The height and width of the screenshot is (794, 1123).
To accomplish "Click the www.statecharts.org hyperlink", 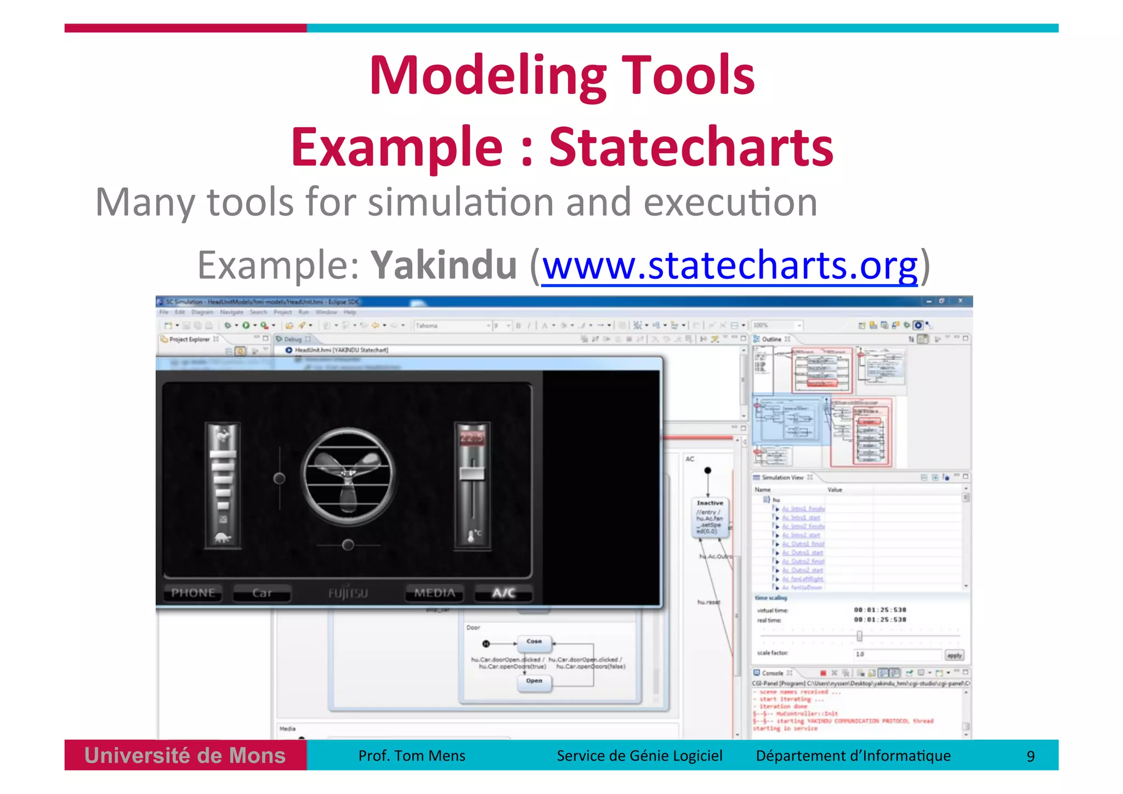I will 729,266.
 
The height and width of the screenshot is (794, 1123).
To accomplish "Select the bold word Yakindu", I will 444,266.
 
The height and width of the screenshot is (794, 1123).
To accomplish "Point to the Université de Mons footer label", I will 185,756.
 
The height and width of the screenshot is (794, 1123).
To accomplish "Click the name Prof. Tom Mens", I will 411,756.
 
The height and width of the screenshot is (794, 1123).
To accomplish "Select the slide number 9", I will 1030,757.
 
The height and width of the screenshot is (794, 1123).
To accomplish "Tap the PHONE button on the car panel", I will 193,593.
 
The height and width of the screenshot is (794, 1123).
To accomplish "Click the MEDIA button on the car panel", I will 434,593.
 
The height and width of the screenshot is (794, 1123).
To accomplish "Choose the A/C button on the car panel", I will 503,593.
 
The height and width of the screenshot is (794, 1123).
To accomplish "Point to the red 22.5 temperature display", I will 472,438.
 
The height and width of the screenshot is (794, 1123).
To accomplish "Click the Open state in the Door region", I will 534,681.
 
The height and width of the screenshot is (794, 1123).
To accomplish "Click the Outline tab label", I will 771,339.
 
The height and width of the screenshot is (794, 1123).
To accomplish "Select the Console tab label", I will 772,673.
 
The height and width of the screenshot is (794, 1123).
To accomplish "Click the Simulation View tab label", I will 782,477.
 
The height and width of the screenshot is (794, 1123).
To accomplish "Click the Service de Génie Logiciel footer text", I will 639,756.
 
